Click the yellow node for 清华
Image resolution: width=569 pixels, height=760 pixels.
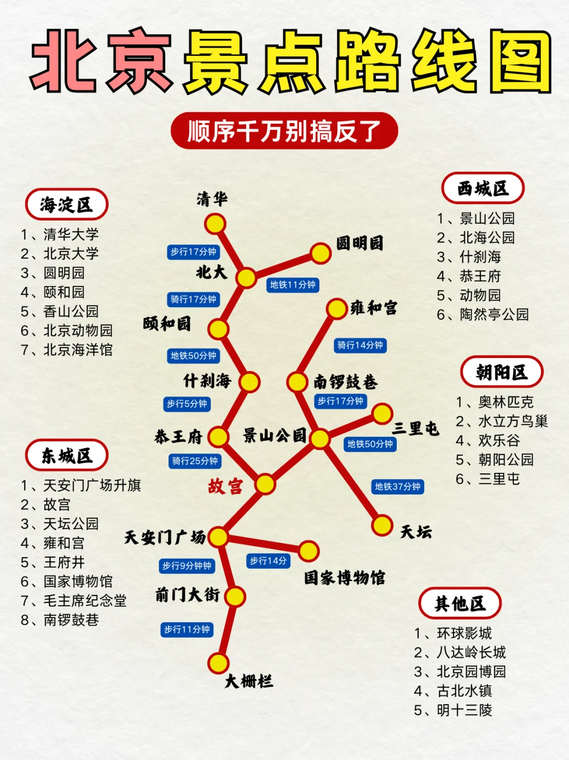click(x=215, y=224)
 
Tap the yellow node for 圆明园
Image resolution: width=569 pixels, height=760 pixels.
click(x=320, y=253)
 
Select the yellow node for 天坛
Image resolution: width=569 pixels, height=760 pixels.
click(x=382, y=525)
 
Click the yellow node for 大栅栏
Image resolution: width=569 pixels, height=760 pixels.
click(x=218, y=663)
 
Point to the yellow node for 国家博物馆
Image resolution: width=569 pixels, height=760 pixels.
click(x=309, y=551)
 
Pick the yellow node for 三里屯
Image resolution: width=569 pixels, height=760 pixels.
click(x=382, y=414)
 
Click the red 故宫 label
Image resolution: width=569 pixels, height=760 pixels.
click(x=225, y=486)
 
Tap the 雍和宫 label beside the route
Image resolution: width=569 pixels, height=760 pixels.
click(x=374, y=308)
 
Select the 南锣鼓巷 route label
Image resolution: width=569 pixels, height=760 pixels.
click(x=346, y=381)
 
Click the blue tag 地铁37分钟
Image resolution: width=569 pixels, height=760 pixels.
click(x=398, y=487)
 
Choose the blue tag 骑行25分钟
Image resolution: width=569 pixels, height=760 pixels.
click(x=195, y=461)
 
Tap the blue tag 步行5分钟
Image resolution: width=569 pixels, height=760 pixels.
click(x=187, y=404)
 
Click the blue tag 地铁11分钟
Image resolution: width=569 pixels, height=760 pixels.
click(x=293, y=285)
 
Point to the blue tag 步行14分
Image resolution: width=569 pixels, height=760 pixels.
click(x=268, y=561)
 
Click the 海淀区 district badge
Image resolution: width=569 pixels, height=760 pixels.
click(x=66, y=204)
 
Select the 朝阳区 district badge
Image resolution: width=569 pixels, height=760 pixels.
click(x=502, y=372)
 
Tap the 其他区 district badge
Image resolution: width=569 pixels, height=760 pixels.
click(x=460, y=604)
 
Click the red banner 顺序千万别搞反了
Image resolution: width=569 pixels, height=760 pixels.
click(x=284, y=131)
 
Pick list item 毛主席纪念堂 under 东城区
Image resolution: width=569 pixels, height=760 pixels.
click(x=85, y=600)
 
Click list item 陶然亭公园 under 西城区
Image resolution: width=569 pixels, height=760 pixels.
click(x=494, y=314)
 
